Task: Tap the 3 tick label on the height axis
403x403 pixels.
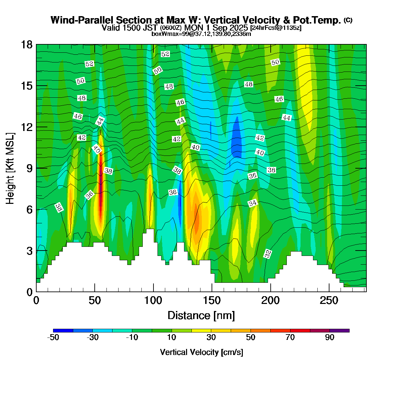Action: (x=30, y=251)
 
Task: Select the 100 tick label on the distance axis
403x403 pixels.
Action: (x=153, y=301)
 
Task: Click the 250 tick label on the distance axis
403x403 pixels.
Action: (x=329, y=301)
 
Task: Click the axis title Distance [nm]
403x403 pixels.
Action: (x=201, y=316)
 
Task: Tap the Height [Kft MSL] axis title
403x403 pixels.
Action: (x=10, y=168)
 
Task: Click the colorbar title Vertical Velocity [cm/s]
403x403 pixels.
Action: (x=201, y=352)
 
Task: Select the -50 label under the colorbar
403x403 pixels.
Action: (x=53, y=338)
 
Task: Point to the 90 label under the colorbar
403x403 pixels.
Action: (x=329, y=338)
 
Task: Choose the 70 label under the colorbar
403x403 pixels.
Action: (x=290, y=338)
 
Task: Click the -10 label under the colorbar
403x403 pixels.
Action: (x=132, y=338)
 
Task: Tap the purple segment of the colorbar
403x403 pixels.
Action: (x=339, y=330)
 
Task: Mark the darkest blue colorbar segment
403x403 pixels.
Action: (x=63, y=330)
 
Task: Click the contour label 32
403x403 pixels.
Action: (x=268, y=254)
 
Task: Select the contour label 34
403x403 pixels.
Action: (x=253, y=203)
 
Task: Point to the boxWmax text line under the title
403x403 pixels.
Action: (x=201, y=34)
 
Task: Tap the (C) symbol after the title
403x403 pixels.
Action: (x=348, y=20)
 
